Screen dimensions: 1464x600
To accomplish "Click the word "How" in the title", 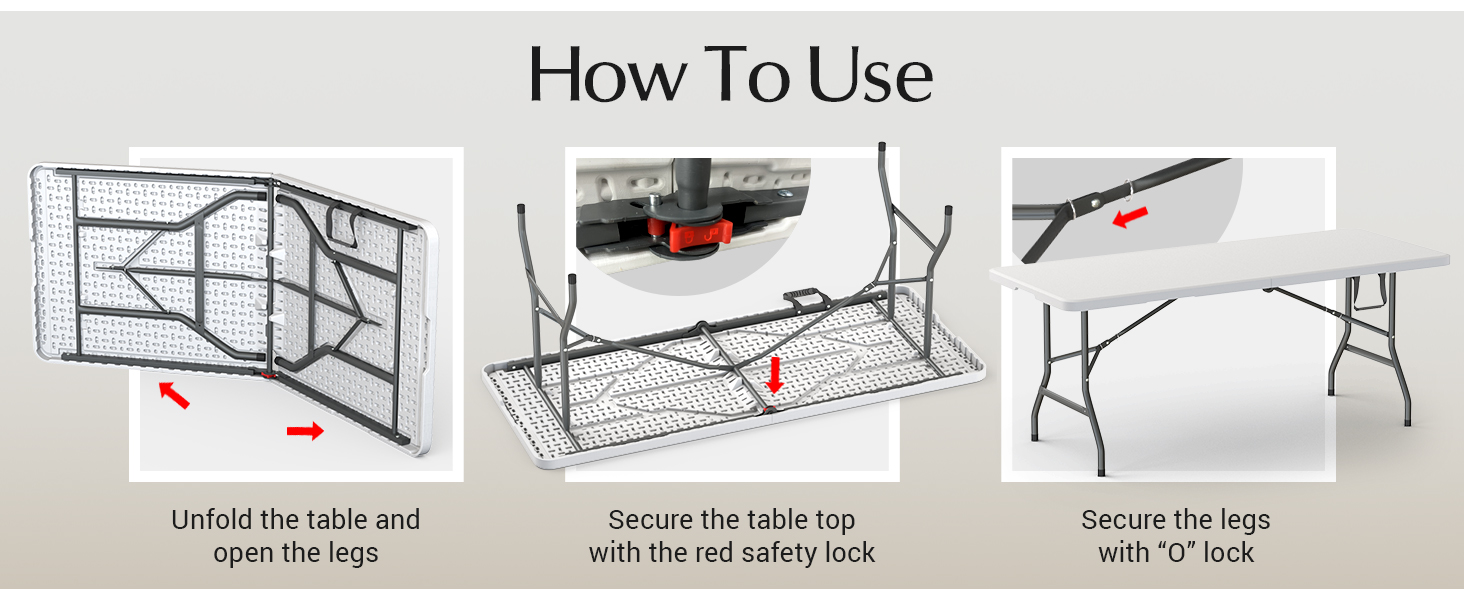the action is click(608, 75).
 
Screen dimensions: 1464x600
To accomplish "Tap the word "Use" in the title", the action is click(870, 75).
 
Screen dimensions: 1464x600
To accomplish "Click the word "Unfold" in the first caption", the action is click(211, 520).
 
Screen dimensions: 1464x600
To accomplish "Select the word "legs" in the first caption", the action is click(353, 554).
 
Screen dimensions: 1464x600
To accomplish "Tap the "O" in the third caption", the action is click(1176, 554).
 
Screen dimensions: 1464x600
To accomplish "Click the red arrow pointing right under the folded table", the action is click(305, 431).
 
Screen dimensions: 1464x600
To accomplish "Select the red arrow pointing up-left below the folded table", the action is click(174, 395).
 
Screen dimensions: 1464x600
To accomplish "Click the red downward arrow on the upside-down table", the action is click(774, 375).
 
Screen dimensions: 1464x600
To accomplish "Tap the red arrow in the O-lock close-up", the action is click(1130, 217).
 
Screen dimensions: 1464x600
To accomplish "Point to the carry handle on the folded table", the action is click(344, 224).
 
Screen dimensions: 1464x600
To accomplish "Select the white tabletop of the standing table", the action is click(1220, 268).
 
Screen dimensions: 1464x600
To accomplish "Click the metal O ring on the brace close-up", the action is click(1074, 208).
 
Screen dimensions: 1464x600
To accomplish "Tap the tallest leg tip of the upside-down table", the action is click(882, 148).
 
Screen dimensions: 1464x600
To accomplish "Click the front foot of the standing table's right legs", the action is click(1406, 418).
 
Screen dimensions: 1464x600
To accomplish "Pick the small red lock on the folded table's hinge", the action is click(268, 375).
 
